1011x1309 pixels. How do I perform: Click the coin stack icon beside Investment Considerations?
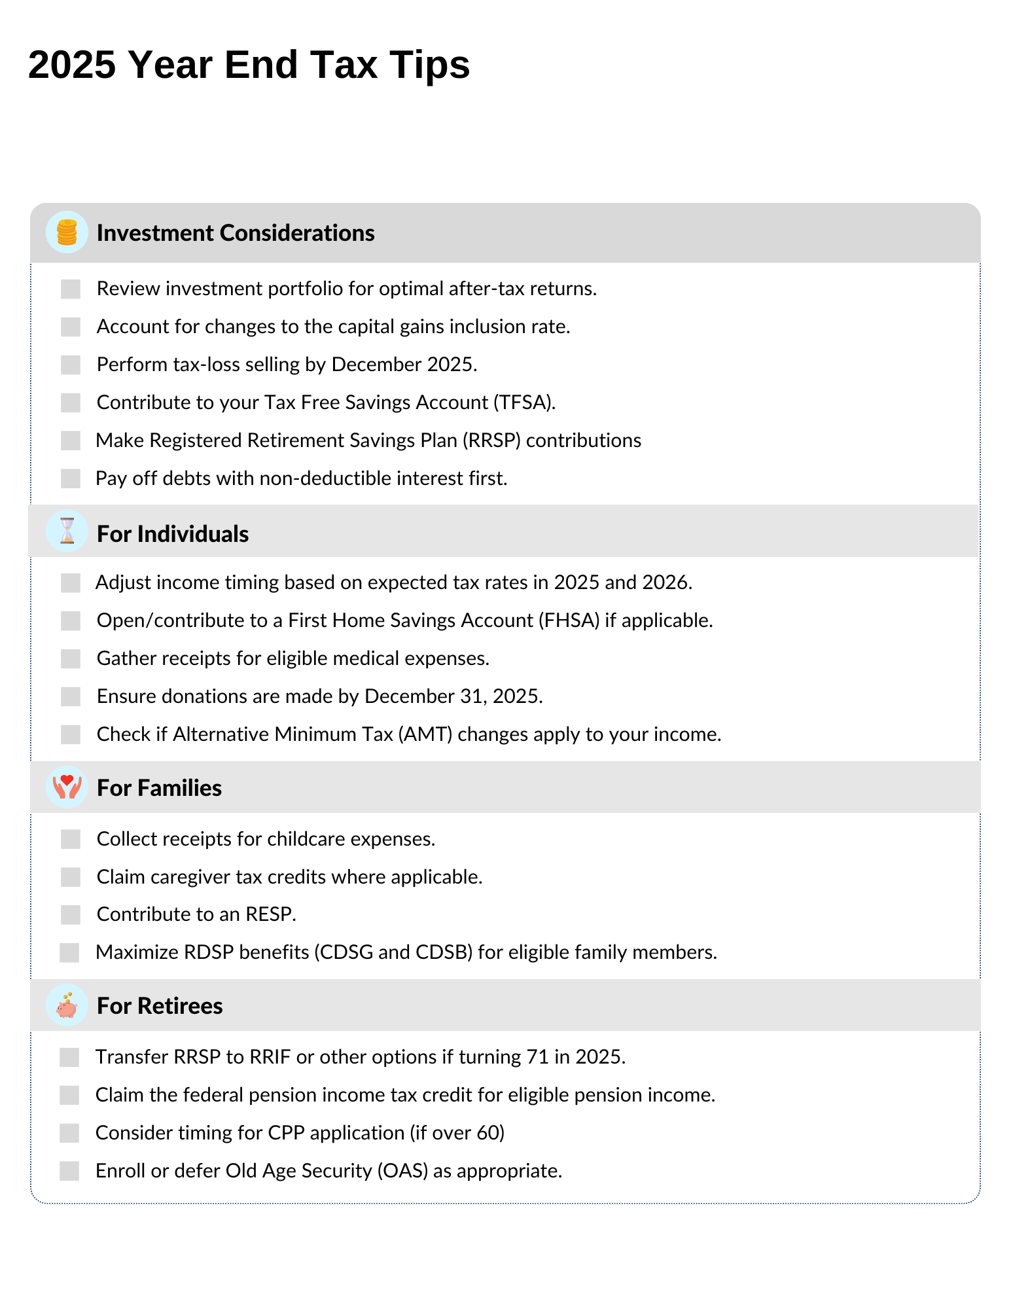tap(67, 232)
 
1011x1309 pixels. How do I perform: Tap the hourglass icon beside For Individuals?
tap(67, 531)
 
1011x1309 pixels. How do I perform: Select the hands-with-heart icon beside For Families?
tap(67, 787)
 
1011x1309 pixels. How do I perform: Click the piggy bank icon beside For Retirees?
tap(67, 1005)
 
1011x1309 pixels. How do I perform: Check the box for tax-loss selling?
tap(71, 365)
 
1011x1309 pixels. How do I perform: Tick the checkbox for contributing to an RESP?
tap(71, 914)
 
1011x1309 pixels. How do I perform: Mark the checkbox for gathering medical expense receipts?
tap(71, 658)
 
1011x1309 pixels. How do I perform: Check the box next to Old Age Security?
tap(69, 1171)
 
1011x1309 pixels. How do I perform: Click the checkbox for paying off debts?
tap(71, 478)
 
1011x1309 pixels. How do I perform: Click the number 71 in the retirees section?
tap(537, 1057)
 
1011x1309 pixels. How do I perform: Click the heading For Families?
tap(159, 788)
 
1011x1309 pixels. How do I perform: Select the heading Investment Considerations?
tap(236, 233)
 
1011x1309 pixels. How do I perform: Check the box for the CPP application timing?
tap(69, 1133)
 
